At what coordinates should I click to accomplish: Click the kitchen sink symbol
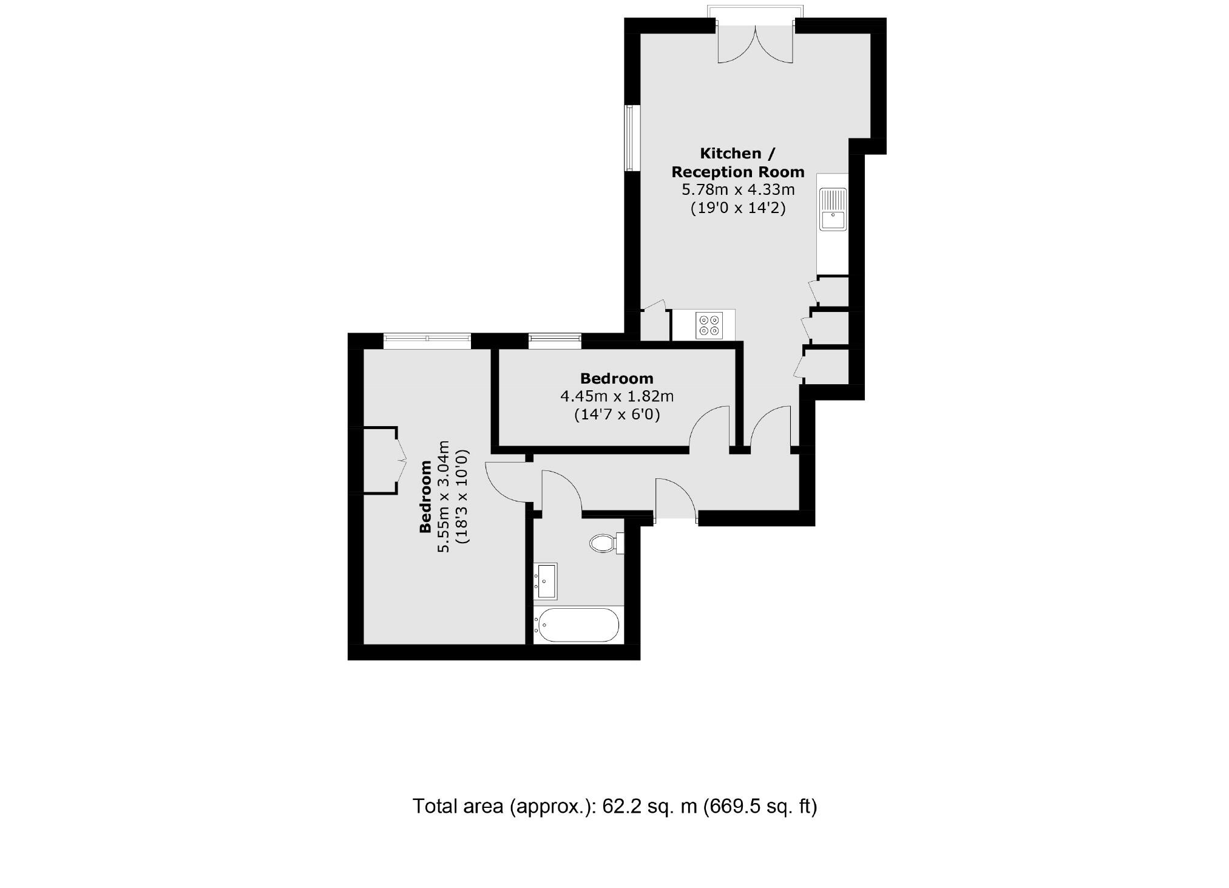833,209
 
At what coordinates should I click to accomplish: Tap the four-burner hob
709,325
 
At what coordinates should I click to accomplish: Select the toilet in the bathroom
603,543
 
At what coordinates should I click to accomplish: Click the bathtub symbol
578,625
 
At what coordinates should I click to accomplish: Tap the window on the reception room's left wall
632,138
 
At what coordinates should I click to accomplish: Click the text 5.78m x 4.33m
738,190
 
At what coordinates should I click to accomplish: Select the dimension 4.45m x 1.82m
617,397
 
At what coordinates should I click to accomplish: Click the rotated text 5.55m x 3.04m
444,496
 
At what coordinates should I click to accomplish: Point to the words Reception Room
738,172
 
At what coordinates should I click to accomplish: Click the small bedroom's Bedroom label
617,379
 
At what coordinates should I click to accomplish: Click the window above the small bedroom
555,341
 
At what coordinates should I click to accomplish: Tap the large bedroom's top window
427,341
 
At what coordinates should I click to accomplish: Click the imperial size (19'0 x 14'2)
738,208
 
